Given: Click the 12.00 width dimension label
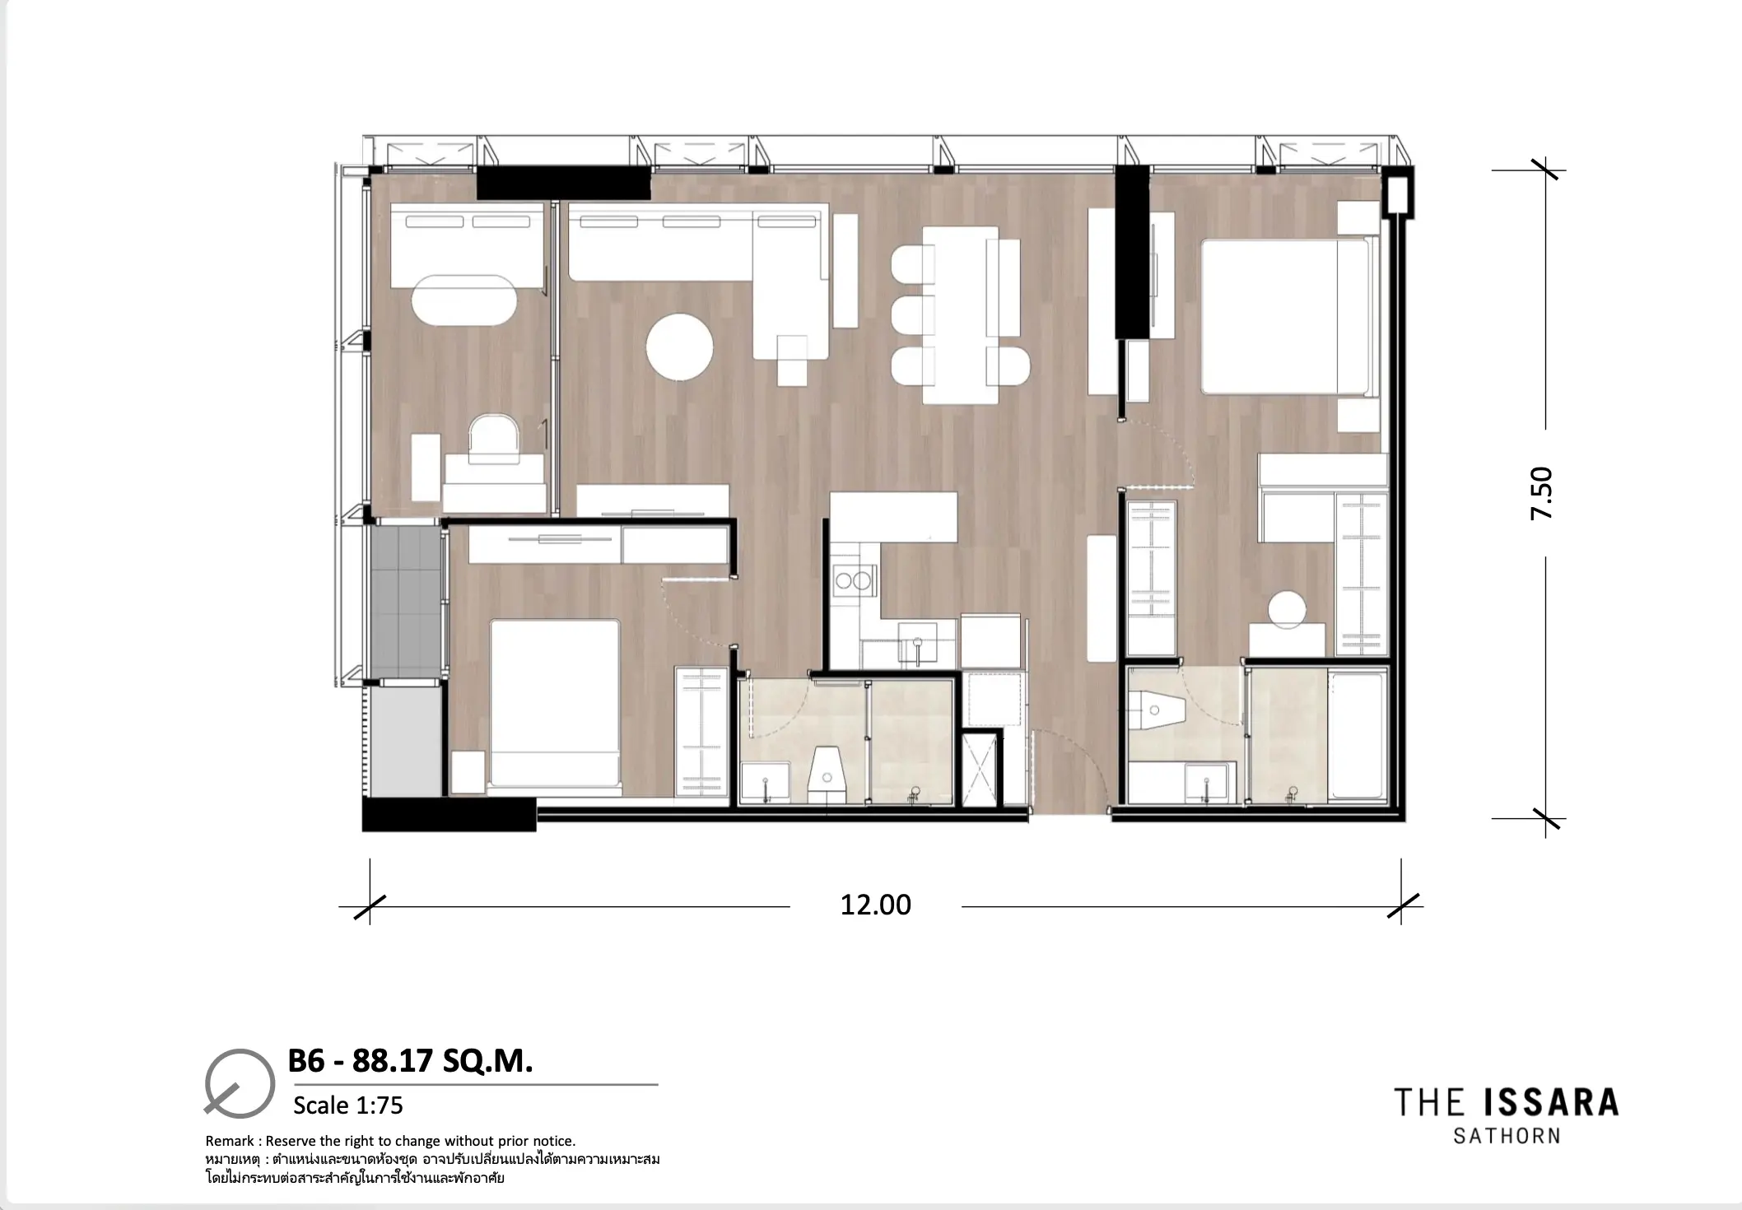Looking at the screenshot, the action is [x=875, y=905].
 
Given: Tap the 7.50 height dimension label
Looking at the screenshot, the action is [x=1541, y=493].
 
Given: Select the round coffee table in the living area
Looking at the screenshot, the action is [x=679, y=347].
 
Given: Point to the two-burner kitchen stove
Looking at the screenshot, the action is [x=853, y=581].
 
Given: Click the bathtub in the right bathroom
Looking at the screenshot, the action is [x=1358, y=735].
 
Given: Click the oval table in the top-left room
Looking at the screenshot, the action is [x=464, y=300].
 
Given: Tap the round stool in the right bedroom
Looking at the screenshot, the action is [x=1287, y=610].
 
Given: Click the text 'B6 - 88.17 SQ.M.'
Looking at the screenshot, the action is [x=410, y=1062].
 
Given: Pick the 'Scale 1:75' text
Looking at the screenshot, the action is [x=348, y=1105].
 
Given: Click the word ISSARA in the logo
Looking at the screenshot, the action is [x=1550, y=1102].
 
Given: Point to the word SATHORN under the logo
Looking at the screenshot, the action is [x=1507, y=1136].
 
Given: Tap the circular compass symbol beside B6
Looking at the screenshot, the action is [x=240, y=1083].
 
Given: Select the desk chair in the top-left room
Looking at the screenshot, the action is [x=493, y=434].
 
